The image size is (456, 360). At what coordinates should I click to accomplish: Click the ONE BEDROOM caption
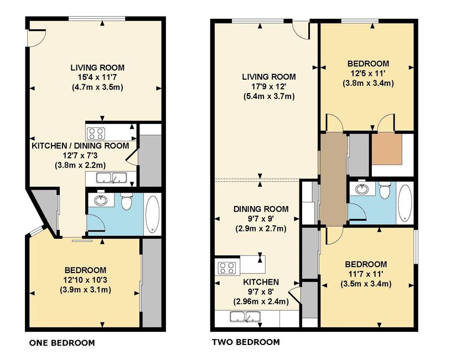pyautogui.click(x=62, y=343)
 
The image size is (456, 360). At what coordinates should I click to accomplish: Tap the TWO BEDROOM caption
pyautogui.click(x=246, y=342)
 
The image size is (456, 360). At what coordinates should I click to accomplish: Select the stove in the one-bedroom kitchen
pyautogui.click(x=96, y=134)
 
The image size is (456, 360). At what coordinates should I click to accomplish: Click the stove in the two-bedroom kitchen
pyautogui.click(x=227, y=268)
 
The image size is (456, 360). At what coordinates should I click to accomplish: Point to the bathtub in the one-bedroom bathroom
pyautogui.click(x=152, y=214)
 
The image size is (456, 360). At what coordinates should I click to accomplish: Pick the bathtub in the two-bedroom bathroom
pyautogui.click(x=404, y=203)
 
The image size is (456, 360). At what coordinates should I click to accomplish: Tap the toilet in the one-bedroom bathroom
pyautogui.click(x=127, y=201)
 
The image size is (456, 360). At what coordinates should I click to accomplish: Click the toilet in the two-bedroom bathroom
pyautogui.click(x=385, y=190)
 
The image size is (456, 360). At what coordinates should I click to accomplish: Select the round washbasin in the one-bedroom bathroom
pyautogui.click(x=101, y=200)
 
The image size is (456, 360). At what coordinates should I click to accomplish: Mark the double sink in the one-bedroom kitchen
pyautogui.click(x=112, y=178)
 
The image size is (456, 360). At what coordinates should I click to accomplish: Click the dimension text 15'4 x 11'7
pyautogui.click(x=98, y=78)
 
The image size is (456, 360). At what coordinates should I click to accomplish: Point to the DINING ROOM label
pyautogui.click(x=261, y=209)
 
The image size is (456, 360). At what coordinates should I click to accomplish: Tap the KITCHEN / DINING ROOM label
pyautogui.click(x=80, y=146)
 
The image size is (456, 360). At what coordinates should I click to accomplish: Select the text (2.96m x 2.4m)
pyautogui.click(x=261, y=301)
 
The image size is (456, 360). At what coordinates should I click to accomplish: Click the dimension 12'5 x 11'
pyautogui.click(x=368, y=73)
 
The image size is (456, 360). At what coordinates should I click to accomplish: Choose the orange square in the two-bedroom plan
pyautogui.click(x=387, y=149)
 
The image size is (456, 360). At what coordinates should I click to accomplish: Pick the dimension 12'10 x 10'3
pyautogui.click(x=85, y=280)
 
